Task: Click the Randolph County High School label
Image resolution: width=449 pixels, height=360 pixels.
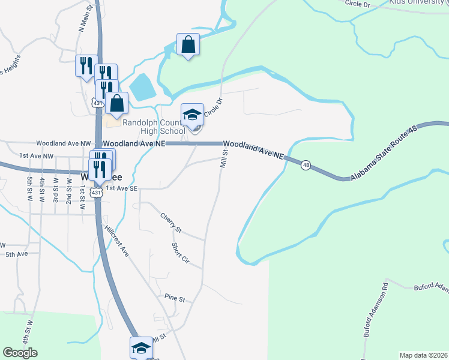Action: click(x=154, y=127)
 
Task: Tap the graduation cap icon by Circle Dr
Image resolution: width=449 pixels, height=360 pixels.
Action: click(x=193, y=115)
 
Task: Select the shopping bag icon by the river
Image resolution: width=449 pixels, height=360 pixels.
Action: click(x=188, y=45)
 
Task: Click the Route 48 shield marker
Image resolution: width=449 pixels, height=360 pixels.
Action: click(x=306, y=165)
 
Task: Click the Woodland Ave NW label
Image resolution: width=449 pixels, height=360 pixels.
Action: click(x=63, y=144)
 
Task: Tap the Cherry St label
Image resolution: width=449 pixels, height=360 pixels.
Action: click(x=170, y=223)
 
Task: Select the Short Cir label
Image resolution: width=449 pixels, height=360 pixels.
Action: click(x=180, y=254)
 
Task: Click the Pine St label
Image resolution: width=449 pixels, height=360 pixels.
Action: click(x=175, y=298)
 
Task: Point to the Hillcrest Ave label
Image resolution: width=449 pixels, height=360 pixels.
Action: click(x=116, y=242)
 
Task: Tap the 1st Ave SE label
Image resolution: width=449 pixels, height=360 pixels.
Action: click(x=122, y=188)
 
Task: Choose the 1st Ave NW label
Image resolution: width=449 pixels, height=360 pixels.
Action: click(x=36, y=156)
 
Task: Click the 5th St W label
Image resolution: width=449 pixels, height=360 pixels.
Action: click(x=29, y=188)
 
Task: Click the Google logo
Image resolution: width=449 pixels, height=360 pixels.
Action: click(x=20, y=353)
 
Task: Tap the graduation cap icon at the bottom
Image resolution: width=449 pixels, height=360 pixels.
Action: click(x=141, y=348)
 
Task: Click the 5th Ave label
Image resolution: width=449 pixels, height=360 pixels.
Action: click(x=17, y=254)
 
